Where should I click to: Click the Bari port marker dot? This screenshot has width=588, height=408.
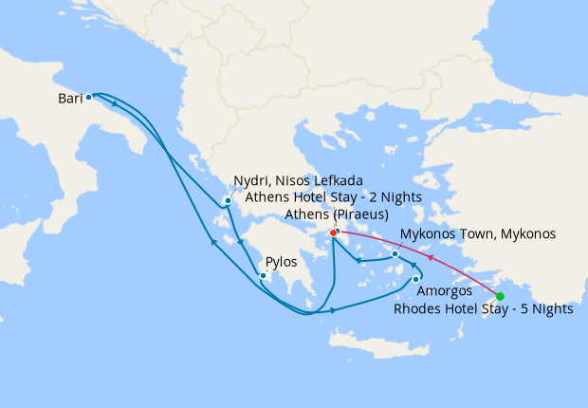88,97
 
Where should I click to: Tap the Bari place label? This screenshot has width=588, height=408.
68,98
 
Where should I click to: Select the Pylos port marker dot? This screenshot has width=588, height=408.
263,276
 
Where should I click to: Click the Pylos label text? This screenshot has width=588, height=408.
282,261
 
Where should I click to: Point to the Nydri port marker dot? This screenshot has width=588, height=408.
228,200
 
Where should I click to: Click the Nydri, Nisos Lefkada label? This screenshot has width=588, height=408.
298,181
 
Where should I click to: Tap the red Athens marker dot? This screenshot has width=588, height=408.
333,233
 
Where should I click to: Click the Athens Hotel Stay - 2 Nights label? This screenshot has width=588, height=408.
333,197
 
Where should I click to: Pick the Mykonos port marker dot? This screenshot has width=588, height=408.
395,254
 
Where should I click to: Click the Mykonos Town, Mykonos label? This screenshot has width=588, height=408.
477,233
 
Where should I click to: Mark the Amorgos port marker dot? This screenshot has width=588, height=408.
415,278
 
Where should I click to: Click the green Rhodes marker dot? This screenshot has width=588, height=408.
500,296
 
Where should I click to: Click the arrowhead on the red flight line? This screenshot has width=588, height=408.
431,256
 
